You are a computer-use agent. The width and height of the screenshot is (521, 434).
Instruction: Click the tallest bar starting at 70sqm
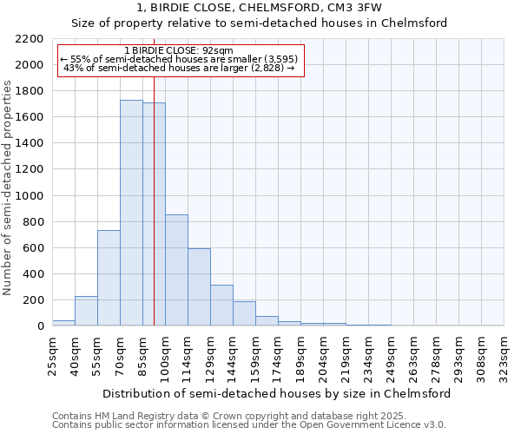[131, 213]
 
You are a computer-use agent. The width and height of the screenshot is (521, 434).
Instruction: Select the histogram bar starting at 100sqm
[176, 270]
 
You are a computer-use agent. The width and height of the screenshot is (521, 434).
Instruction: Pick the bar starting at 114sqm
[199, 286]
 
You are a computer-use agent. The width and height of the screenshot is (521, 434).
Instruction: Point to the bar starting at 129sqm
[221, 305]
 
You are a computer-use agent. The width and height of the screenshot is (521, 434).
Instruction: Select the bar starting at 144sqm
[244, 313]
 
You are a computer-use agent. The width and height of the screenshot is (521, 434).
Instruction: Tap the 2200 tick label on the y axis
[30, 39]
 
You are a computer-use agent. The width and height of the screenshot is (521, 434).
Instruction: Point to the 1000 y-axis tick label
[30, 196]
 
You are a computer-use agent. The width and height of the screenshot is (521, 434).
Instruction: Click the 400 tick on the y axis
[33, 274]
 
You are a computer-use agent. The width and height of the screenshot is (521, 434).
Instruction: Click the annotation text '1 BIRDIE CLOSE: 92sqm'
[179, 50]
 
